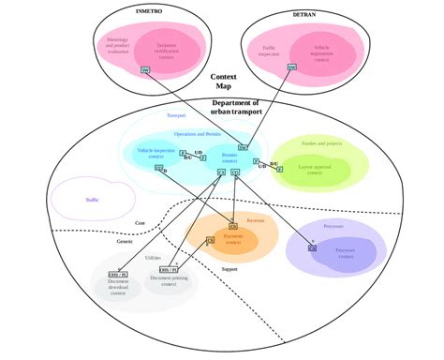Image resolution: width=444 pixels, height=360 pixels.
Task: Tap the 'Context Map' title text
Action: [223, 82]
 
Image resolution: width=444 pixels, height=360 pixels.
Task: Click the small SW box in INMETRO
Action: [144, 70]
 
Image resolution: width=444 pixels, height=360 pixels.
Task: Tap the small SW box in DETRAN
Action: [290, 67]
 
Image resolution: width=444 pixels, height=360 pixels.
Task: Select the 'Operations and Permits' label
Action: [197, 134]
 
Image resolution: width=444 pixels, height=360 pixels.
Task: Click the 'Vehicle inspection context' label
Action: [157, 153]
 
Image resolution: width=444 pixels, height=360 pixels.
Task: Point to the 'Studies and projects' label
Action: [319, 143]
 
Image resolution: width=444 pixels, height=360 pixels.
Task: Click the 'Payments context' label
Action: [233, 238]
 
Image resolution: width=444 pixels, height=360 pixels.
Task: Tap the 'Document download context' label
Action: [117, 287]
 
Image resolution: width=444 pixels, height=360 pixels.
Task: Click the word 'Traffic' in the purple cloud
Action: [92, 199]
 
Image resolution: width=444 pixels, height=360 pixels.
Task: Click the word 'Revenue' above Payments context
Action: [256, 219]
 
